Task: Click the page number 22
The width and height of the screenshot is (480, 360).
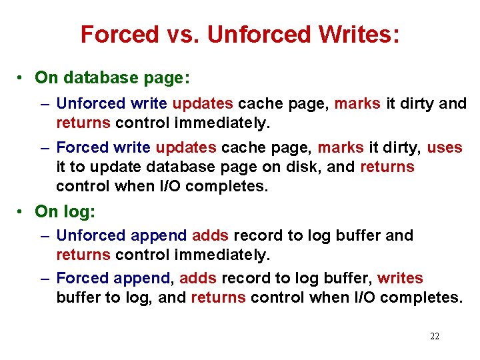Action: (x=435, y=337)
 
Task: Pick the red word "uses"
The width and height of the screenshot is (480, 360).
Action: (x=444, y=147)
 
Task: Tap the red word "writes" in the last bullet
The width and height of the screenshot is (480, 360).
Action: (x=400, y=278)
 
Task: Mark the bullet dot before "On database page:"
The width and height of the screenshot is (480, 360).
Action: (x=22, y=78)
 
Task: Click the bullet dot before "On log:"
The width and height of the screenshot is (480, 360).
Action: (x=22, y=212)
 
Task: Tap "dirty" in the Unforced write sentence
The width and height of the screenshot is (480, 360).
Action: (x=420, y=104)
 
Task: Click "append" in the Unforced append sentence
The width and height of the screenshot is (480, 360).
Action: (x=159, y=235)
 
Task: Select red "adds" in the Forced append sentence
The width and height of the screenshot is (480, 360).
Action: (x=198, y=278)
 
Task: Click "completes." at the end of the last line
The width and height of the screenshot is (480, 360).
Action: (x=427, y=297)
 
